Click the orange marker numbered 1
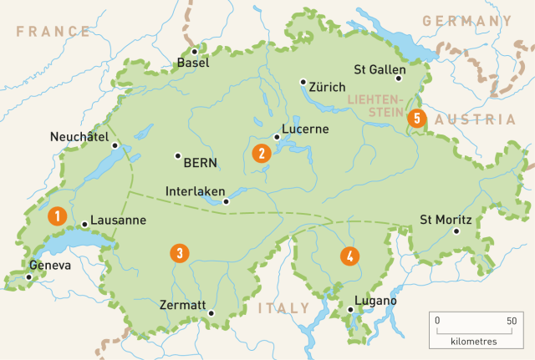point(57,215)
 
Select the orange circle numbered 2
point(262,153)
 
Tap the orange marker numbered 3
point(178,252)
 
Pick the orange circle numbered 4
point(349,256)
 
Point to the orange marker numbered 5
point(415,119)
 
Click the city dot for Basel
point(194,51)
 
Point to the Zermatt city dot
point(211,314)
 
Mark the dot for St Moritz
point(456,231)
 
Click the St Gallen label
point(380,69)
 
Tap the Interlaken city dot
point(225,200)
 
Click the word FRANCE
point(52,32)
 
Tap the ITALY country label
point(283,308)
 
